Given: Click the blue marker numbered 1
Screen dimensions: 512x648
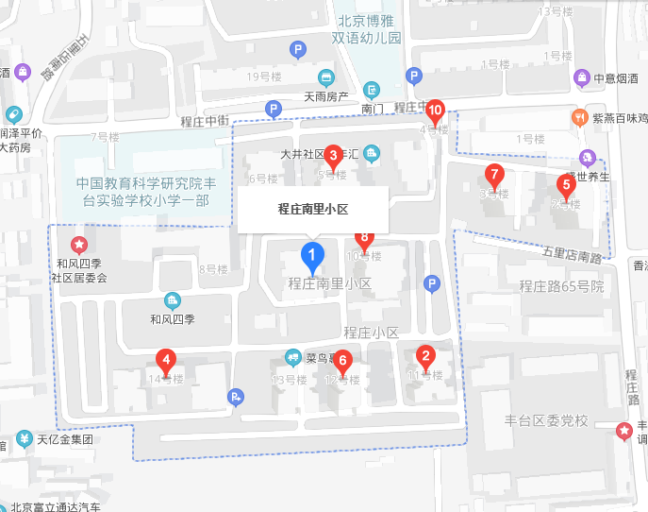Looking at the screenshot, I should click(312, 254).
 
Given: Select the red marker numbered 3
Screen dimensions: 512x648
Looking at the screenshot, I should click(333, 156).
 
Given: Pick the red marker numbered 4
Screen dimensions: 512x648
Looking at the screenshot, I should click(166, 361).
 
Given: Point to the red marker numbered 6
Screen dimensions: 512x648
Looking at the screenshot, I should click(342, 361).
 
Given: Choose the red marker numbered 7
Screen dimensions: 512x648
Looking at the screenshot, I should click(493, 175).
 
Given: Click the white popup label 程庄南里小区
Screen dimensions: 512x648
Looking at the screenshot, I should click(312, 209).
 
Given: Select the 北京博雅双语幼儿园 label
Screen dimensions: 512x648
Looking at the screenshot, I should click(366, 28).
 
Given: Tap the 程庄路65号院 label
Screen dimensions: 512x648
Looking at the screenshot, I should click(560, 286).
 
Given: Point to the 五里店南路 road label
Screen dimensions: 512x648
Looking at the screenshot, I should click(573, 255).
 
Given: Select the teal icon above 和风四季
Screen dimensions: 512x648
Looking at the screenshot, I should click(172, 301).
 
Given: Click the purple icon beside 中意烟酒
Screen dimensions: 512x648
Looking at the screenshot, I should click(582, 77).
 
